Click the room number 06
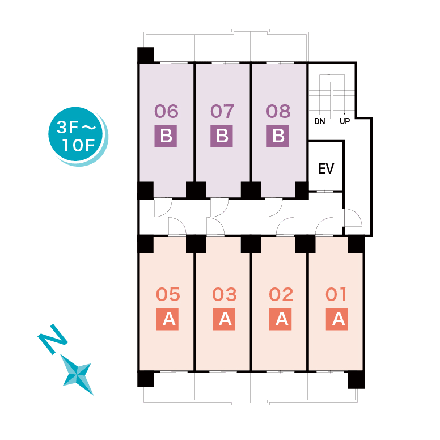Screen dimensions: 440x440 (166, 111)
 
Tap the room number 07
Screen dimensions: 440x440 (222, 111)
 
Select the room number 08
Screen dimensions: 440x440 (278, 111)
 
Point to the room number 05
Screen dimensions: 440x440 (168, 295)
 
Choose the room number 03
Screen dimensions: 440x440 (225, 295)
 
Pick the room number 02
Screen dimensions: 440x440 (281, 295)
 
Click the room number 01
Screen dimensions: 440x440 (337, 295)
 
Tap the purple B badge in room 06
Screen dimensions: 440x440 (166, 137)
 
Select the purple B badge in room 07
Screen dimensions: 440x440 (222, 137)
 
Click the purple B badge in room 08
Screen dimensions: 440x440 (278, 137)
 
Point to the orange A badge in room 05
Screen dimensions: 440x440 (168, 320)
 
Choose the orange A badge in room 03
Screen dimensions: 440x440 (225, 320)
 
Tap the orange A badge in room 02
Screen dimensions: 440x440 (281, 320)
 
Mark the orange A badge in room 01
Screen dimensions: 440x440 (337, 320)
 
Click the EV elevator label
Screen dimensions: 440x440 (326, 168)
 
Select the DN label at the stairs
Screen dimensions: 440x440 (320, 121)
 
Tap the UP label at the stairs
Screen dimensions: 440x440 (344, 121)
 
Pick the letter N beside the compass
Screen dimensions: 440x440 (53, 340)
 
